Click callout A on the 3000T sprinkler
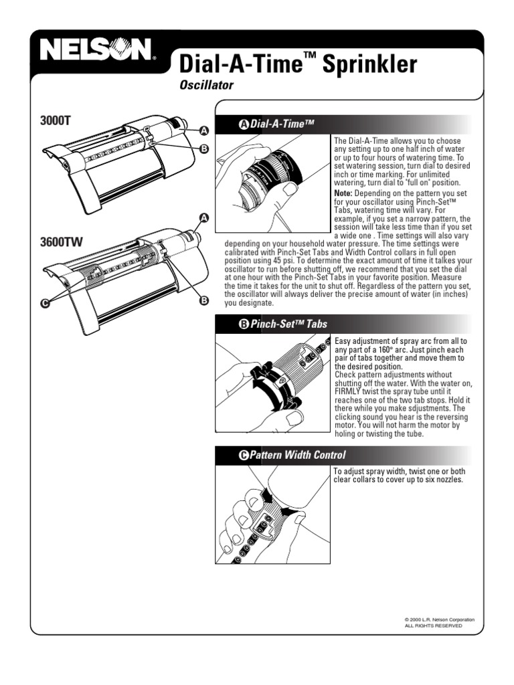pos(203,130)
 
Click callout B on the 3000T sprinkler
pos(203,149)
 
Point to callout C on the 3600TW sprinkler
pos(45,303)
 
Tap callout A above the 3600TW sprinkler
pos(203,217)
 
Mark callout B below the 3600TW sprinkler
pos(203,302)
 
